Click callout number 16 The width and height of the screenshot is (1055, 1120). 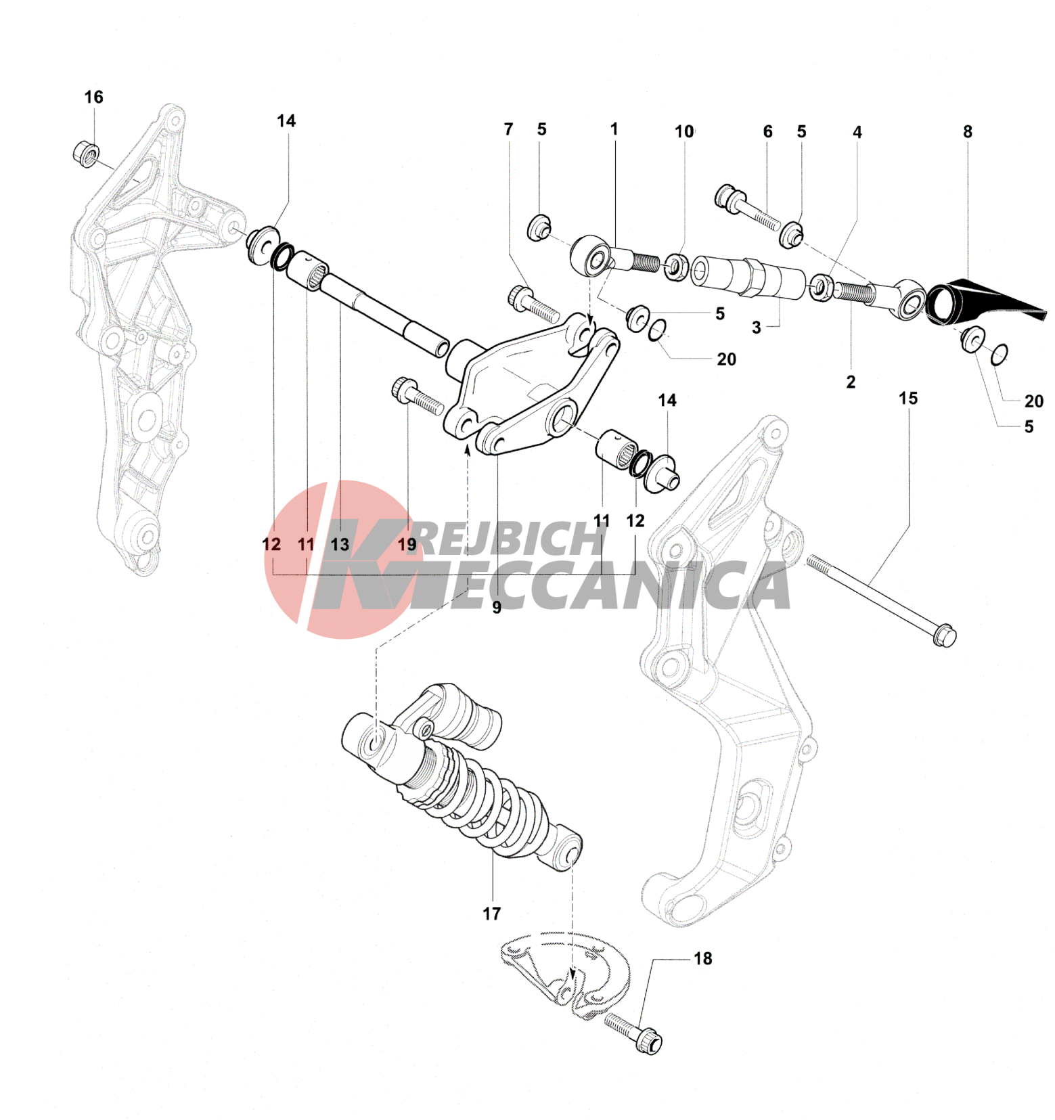[x=93, y=97]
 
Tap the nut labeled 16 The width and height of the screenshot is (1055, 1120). [x=86, y=154]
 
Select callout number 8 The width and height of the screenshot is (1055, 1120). [x=967, y=132]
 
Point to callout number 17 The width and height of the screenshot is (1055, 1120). [x=491, y=914]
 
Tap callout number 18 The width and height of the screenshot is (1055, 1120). [x=703, y=958]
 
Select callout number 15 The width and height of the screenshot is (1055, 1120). [x=908, y=399]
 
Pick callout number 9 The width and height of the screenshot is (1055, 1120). [x=496, y=608]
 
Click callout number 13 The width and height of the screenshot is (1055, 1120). [x=340, y=544]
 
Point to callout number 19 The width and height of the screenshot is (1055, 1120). [x=407, y=544]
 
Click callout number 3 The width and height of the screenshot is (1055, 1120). [x=756, y=328]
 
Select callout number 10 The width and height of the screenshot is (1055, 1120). [x=684, y=131]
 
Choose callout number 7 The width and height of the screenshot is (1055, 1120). [x=509, y=129]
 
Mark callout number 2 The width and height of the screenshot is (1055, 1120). [x=851, y=382]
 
